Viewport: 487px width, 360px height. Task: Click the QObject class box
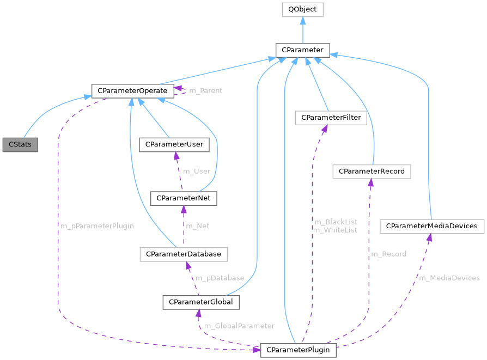pos(302,10)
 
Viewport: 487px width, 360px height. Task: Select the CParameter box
pos(302,51)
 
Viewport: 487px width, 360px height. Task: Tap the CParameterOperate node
pos(132,90)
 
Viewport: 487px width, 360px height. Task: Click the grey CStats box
pos(20,145)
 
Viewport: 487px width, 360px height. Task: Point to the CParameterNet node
pos(184,198)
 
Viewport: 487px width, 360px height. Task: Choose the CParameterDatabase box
pos(183,254)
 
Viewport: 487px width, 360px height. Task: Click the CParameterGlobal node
pos(201,302)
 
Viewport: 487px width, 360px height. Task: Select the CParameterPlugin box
pos(298,350)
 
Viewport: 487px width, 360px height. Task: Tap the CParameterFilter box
pos(331,117)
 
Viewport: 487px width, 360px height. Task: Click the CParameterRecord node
pos(372,172)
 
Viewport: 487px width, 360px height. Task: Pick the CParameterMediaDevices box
pos(431,226)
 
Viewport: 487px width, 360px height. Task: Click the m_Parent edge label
pos(205,90)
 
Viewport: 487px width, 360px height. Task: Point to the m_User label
pos(197,171)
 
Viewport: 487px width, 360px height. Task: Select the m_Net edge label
pos(198,225)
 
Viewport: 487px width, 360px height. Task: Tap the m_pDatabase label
pos(220,278)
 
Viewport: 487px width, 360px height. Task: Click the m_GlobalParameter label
pos(239,326)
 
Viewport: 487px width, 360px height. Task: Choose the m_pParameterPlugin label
pos(97,225)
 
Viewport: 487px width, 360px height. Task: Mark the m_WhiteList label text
pos(335,230)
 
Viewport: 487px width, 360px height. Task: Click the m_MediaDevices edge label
pos(449,278)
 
